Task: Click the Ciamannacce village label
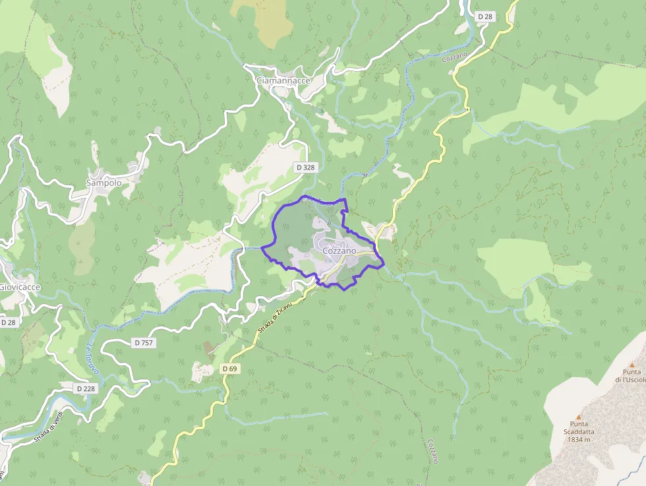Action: [x=283, y=80]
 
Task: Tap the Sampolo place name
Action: [x=104, y=183]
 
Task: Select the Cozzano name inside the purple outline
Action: [x=339, y=251]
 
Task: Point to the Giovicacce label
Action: [x=20, y=288]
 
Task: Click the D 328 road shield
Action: [x=305, y=167]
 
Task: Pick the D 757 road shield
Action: [x=143, y=342]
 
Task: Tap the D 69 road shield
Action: [x=229, y=368]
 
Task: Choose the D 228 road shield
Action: [x=86, y=388]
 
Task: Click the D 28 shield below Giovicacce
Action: [x=9, y=322]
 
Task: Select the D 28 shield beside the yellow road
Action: [x=485, y=16]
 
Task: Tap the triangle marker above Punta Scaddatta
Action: [x=578, y=417]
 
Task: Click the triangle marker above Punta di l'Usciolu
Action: [x=631, y=365]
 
